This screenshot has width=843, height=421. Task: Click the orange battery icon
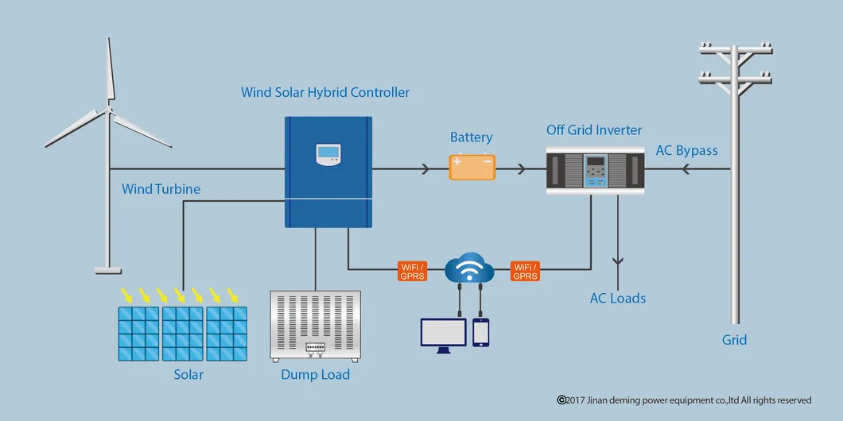point(472,167)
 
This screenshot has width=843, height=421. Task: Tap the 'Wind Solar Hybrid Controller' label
point(325,93)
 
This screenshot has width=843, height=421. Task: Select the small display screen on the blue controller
point(328,154)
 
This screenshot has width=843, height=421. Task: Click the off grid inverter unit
point(595,169)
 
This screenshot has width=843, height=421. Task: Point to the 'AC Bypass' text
point(686,151)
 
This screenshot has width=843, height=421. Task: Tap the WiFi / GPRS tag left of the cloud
point(413,271)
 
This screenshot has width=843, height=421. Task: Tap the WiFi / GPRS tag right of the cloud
point(525,271)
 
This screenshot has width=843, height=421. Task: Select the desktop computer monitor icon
point(443,334)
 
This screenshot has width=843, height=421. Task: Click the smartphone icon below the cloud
point(480,332)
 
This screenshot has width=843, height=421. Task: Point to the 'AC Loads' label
point(617,299)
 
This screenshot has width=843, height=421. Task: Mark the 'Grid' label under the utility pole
point(734,340)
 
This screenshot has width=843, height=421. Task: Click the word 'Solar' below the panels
point(188,375)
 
